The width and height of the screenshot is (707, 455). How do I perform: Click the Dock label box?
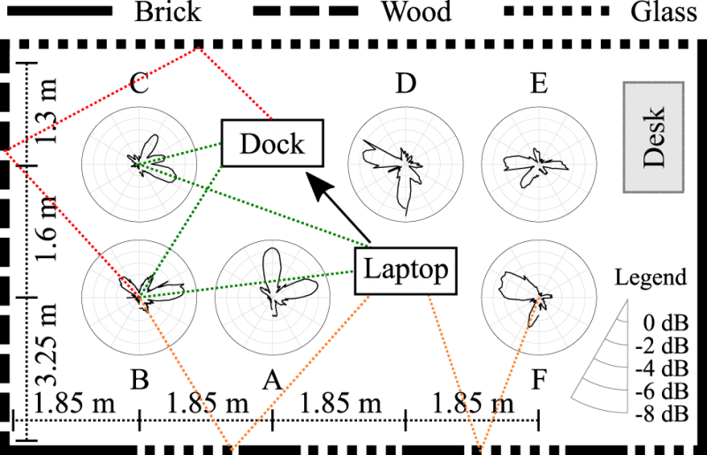coord(271,143)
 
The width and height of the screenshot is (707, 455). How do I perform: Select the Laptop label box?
coord(406,269)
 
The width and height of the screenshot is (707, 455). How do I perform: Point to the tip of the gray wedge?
coord(627,300)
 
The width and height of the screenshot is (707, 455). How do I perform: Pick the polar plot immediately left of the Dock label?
coord(139,163)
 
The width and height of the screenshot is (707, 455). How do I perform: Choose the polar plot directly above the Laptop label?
coord(406,163)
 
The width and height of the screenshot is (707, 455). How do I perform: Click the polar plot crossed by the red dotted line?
coord(139,297)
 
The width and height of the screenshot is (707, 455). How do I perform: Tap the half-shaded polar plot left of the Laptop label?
coord(272,297)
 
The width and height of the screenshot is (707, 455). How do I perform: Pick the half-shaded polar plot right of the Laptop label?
coord(538,297)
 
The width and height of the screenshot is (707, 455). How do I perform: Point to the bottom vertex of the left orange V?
coord(233,448)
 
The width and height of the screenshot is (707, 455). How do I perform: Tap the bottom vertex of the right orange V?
coord(481,448)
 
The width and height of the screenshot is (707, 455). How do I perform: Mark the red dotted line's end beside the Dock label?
coord(270,118)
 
